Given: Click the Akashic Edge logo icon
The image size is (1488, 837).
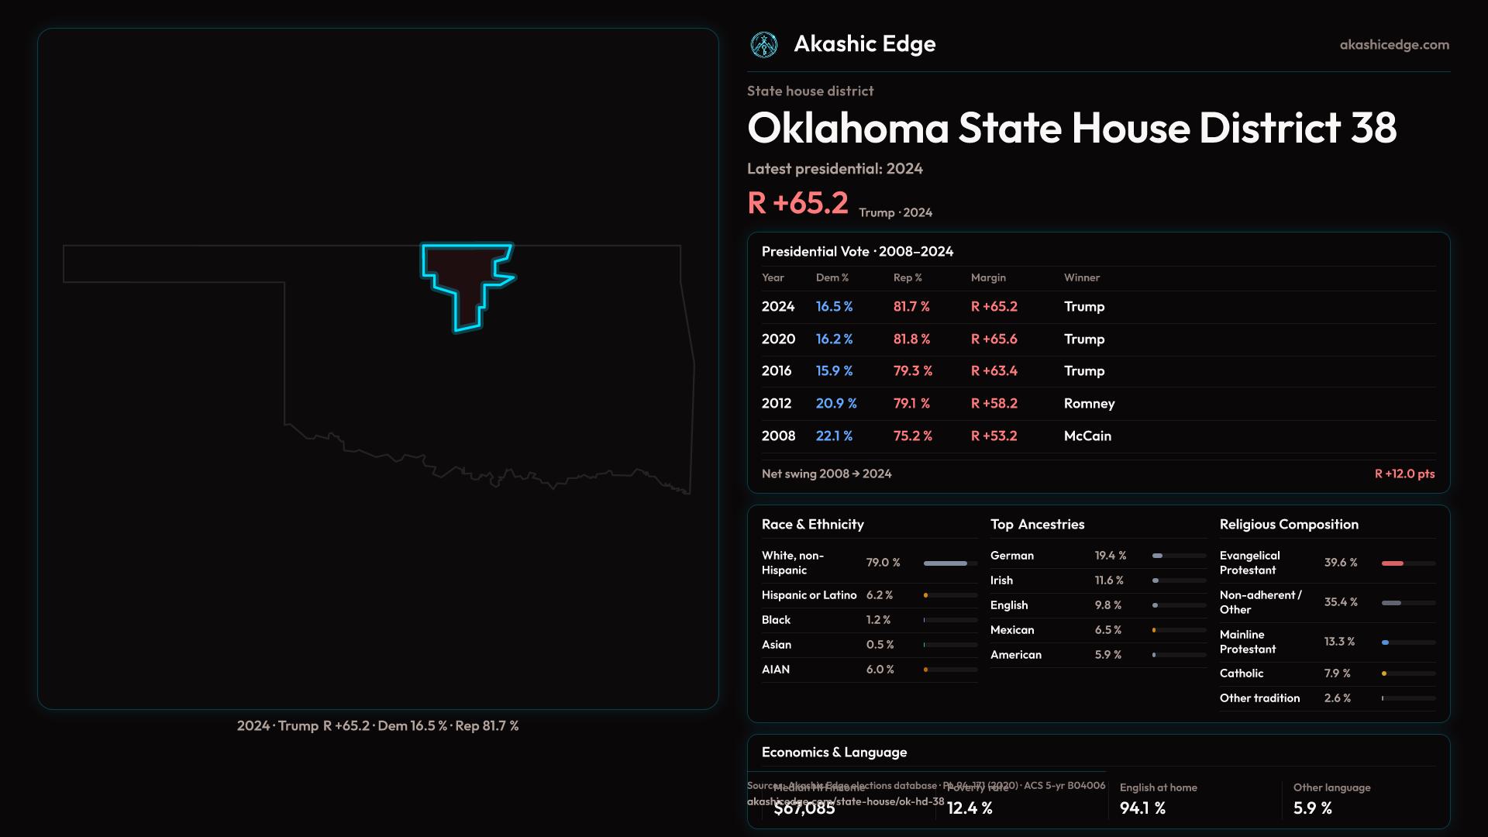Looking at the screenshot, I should (764, 45).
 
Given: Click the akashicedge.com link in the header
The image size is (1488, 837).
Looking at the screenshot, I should (1394, 45).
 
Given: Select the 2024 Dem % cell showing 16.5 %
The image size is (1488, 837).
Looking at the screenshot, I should (834, 307).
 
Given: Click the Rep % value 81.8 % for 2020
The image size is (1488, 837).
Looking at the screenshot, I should (911, 339).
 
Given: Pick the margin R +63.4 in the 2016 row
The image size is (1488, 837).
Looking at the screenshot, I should (994, 371).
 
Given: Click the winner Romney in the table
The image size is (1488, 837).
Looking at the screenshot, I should (1089, 404).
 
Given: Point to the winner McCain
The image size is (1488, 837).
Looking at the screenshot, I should (1087, 436).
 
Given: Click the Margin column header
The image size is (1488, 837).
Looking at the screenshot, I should (988, 277).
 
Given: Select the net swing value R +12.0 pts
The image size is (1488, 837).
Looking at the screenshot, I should (1404, 474).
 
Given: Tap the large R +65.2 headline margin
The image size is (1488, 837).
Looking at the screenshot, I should (797, 203).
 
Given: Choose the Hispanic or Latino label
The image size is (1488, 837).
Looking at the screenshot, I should (809, 595).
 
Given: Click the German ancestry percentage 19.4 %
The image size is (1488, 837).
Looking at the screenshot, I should (1110, 556).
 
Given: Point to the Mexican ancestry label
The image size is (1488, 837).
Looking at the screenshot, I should (1012, 630).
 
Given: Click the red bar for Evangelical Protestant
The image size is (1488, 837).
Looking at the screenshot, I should (1393, 563).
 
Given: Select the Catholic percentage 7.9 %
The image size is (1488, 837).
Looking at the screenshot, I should (1337, 673).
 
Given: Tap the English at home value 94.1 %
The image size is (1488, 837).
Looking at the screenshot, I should (1142, 808).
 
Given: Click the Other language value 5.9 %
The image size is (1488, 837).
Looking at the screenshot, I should (1312, 808).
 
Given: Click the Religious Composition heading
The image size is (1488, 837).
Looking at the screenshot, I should (1289, 525).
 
